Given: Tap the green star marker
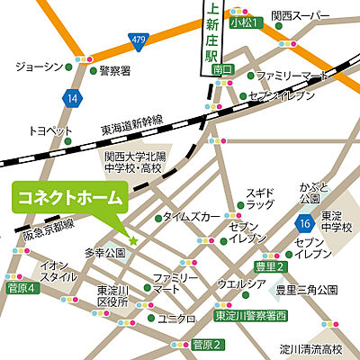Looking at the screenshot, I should pos(132,240).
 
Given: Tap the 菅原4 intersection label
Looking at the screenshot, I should pos(20,288).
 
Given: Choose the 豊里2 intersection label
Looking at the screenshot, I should pos(268,267).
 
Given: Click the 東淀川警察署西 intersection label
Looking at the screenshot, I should pos(250,316).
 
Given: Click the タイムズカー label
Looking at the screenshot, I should pos(193,217).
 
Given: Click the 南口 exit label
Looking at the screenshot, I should pos(212,67).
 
